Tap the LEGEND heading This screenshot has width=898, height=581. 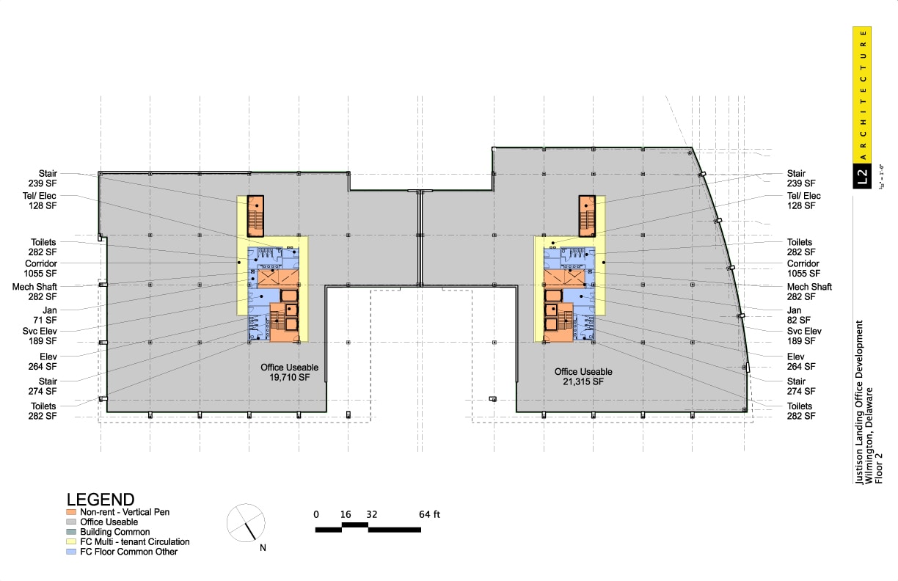(101, 500)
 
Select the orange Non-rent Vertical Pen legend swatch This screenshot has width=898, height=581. (71, 512)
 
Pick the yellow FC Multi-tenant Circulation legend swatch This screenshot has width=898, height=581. (71, 542)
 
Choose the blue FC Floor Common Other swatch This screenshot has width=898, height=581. (71, 552)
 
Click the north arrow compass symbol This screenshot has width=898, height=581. (245, 522)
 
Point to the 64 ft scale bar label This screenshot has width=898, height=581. (430, 514)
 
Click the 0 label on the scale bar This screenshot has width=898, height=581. (316, 514)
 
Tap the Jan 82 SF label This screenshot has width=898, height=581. (800, 315)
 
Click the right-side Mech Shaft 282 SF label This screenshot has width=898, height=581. (809, 292)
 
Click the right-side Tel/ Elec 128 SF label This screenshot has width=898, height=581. (803, 201)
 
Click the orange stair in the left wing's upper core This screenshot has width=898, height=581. (255, 216)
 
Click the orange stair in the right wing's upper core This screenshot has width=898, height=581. (587, 216)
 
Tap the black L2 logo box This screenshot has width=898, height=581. (862, 175)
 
